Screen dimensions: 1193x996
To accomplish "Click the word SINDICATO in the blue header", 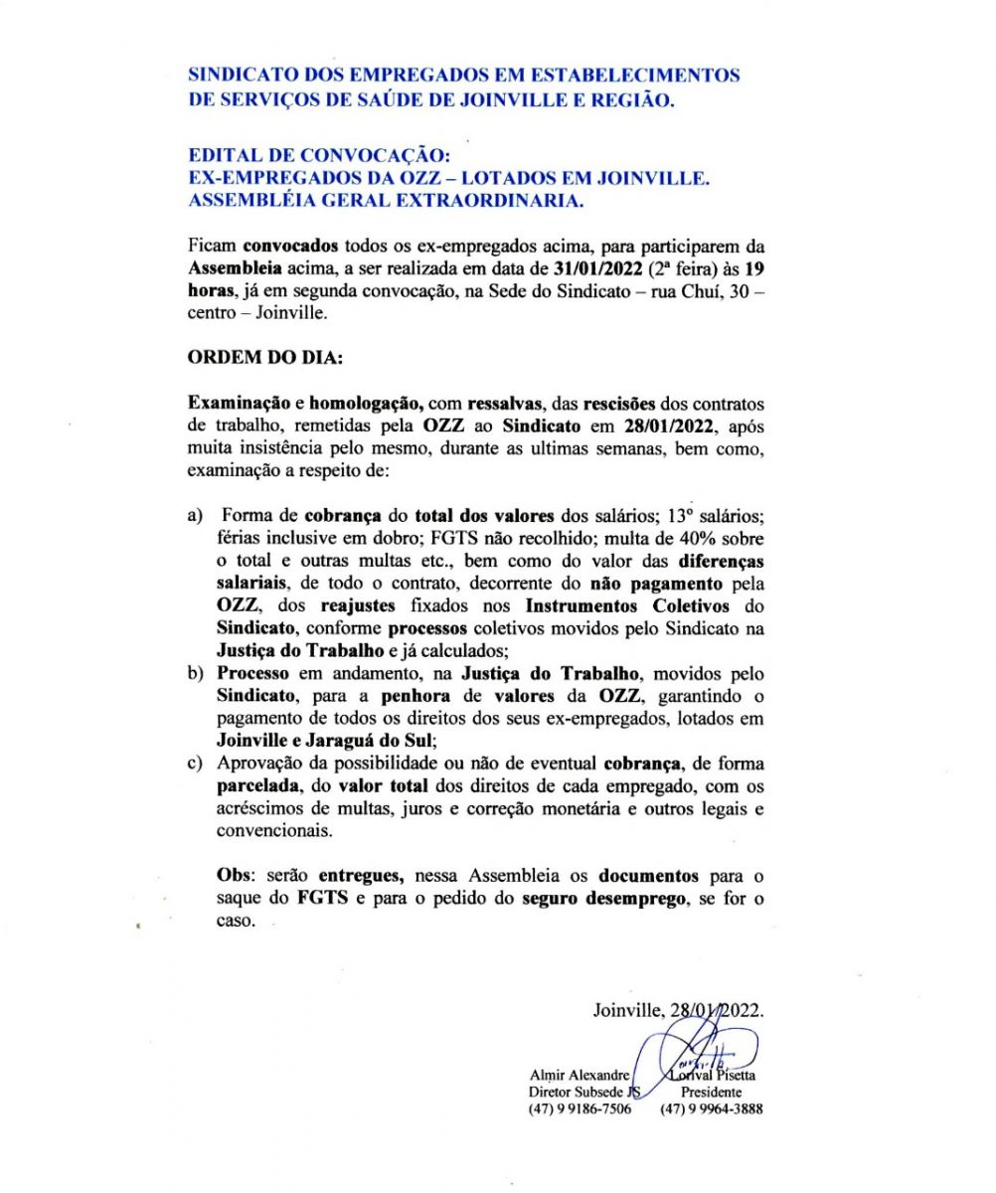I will [237, 75].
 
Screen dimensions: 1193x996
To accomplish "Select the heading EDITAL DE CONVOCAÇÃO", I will [320, 157].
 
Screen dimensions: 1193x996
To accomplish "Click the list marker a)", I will [196, 516].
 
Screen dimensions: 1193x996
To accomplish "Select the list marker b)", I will [196, 674].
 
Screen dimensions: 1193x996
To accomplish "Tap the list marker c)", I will [196, 765].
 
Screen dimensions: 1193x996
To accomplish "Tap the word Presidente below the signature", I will [712, 1092].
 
